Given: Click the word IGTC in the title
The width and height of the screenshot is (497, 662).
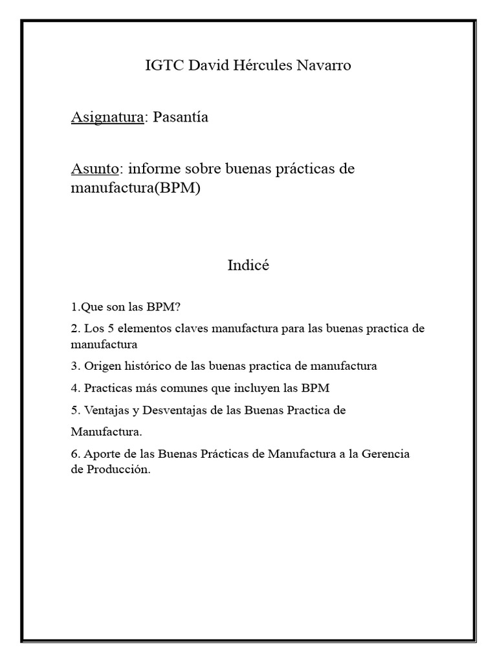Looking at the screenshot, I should pyautogui.click(x=164, y=65).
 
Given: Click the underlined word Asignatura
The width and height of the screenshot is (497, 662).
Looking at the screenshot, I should pyautogui.click(x=107, y=118).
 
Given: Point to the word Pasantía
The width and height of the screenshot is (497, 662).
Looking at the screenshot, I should pyautogui.click(x=181, y=118).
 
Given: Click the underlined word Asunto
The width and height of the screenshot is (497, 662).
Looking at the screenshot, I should pyautogui.click(x=94, y=169).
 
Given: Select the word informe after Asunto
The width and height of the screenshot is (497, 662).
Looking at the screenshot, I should pyautogui.click(x=153, y=169).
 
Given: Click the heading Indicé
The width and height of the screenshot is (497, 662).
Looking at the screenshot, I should pyautogui.click(x=248, y=265).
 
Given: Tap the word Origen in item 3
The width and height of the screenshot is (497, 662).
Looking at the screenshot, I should pyautogui.click(x=101, y=366).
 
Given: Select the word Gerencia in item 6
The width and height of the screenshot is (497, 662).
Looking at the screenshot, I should pyautogui.click(x=386, y=454).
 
